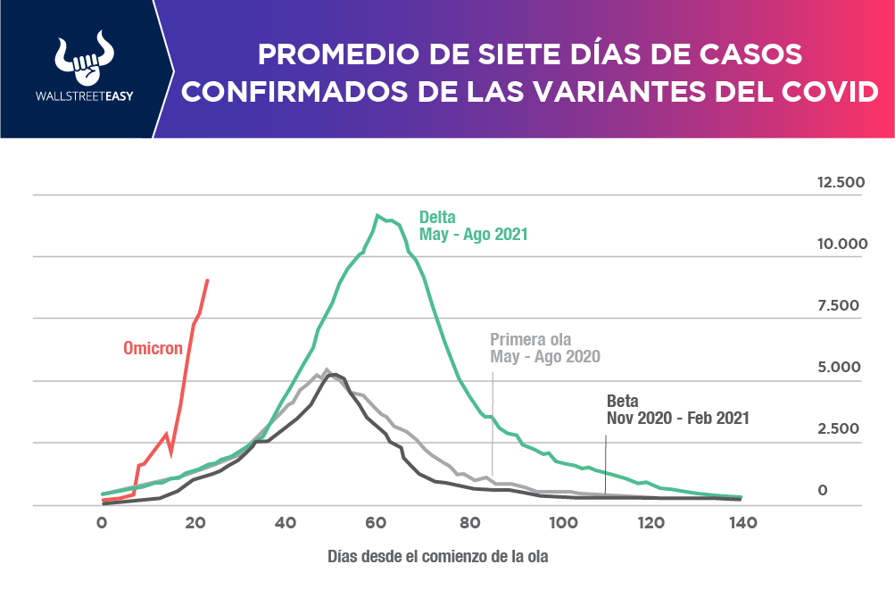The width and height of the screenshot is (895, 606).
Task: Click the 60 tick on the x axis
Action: [376, 523]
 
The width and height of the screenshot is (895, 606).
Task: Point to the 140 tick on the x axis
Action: [742, 523]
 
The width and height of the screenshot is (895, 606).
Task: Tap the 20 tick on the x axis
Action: [193, 523]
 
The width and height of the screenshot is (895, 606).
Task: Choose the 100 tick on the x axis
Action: [559, 523]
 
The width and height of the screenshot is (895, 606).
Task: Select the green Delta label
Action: [438, 217]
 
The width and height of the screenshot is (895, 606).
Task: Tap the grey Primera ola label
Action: [530, 339]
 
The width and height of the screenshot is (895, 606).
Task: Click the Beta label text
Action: [623, 401]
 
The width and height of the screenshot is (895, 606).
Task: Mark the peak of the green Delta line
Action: [378, 214]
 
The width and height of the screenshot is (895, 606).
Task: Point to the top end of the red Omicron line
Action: [208, 280]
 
